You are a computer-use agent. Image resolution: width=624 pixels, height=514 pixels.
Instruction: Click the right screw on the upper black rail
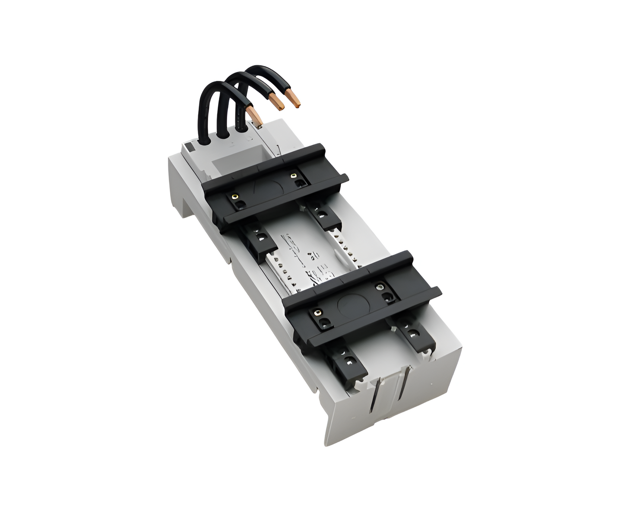tap(294, 176)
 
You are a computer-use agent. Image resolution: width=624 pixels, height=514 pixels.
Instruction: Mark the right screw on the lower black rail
tap(380, 285)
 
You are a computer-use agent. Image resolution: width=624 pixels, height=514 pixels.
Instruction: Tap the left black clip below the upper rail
tap(259, 240)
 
